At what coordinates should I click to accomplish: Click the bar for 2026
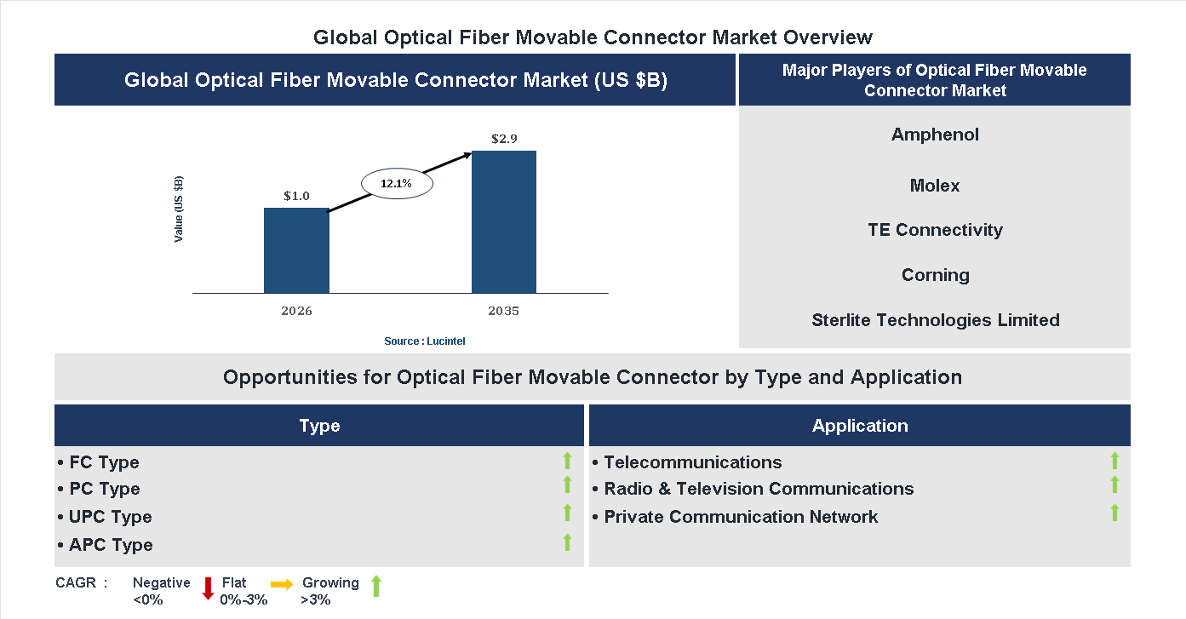296,250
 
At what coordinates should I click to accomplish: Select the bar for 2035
504,222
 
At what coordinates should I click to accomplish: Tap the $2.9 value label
504,138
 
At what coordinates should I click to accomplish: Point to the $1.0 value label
296,196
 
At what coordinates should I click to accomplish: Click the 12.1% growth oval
397,183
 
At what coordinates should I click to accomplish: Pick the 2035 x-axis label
504,311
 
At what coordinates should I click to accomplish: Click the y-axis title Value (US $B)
179,209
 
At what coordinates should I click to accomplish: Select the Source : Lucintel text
425,341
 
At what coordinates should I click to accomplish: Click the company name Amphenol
935,135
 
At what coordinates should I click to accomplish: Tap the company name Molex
935,186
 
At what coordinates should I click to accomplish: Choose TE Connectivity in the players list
935,230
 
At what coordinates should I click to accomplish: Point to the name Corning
935,275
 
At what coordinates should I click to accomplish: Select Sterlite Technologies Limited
935,320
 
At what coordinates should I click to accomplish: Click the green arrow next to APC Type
567,542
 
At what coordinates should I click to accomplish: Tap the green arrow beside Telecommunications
1114,461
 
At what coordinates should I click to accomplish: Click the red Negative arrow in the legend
208,587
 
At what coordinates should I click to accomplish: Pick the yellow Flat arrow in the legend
282,584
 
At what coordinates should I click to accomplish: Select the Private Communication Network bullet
740,517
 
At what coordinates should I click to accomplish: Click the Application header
860,426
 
